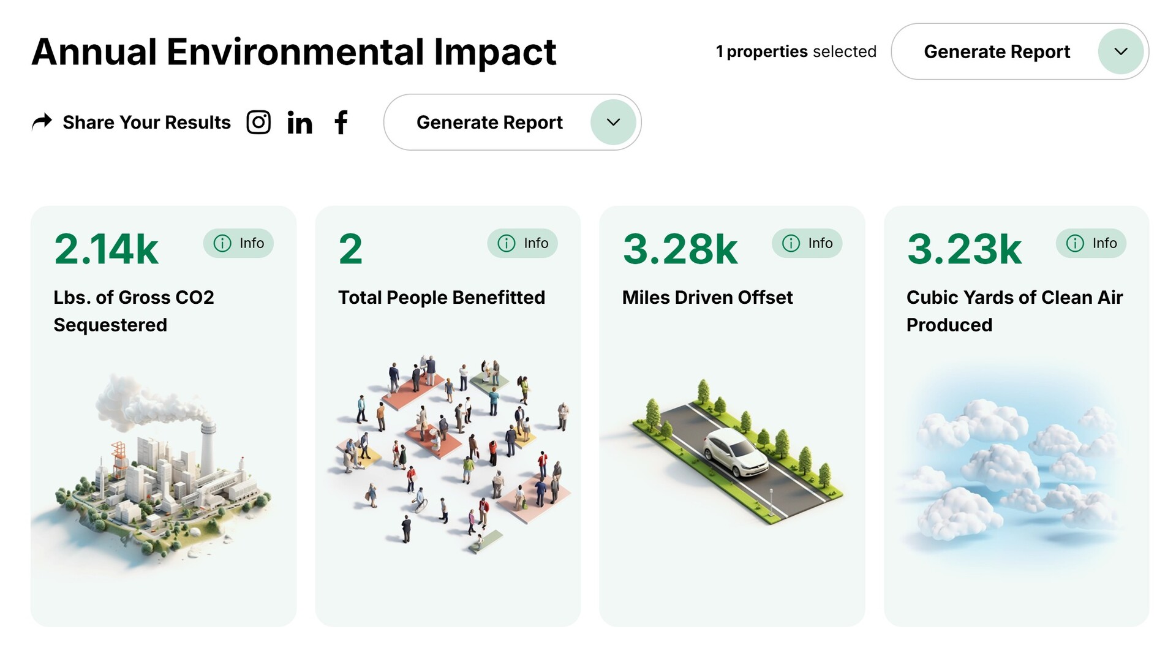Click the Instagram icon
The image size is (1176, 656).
pos(258,122)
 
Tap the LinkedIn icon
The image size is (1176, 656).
pos(300,123)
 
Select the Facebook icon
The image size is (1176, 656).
pos(341,122)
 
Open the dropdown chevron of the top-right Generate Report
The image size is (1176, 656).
pos(1121,51)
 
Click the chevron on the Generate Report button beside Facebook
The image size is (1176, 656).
pos(613,122)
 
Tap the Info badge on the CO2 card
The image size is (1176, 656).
pos(238,243)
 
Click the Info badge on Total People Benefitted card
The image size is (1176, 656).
pos(522,243)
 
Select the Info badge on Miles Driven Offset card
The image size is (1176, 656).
pos(807,243)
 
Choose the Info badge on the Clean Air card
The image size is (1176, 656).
pos(1091,243)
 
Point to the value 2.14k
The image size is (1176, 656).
pos(106,249)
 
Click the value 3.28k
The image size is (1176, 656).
pos(680,249)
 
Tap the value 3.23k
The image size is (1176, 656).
pos(964,249)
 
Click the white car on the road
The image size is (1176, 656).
pos(735,452)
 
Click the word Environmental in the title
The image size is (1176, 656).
pos(295,51)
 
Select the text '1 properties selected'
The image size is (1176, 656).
pos(796,51)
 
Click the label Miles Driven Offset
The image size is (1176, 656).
pos(707,298)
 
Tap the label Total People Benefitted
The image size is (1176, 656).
pos(442,298)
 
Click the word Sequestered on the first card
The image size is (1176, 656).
pos(110,325)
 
